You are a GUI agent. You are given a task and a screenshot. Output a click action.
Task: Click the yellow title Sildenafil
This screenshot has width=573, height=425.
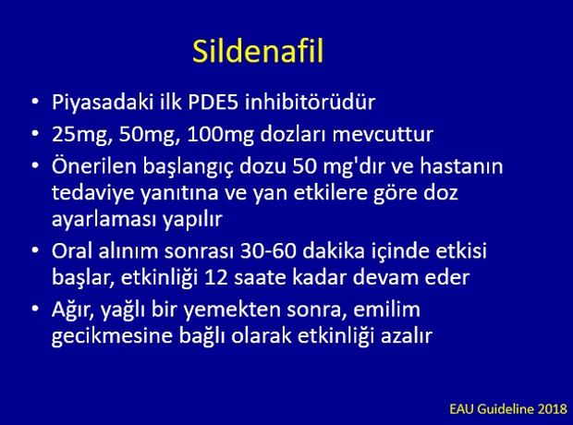[x=258, y=51]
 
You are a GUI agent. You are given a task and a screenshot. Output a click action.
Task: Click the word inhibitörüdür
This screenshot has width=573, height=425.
[x=310, y=102]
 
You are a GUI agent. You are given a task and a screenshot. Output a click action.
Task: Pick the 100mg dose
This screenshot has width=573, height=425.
[x=220, y=135]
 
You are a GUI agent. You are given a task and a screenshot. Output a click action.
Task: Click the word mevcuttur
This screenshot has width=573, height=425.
[x=383, y=135]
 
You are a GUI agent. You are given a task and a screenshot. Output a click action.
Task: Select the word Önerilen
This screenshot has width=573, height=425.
[x=94, y=165]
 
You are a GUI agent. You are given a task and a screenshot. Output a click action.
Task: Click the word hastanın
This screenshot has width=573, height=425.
[x=461, y=166]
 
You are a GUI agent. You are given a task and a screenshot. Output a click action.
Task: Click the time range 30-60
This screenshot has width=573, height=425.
[x=267, y=251]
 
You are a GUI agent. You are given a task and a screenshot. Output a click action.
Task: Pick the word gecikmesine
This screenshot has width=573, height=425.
[x=112, y=336]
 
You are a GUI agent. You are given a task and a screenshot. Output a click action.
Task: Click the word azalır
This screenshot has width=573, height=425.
[x=407, y=335]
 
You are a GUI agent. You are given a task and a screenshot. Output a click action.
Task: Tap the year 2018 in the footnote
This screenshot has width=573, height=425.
[x=553, y=409]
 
